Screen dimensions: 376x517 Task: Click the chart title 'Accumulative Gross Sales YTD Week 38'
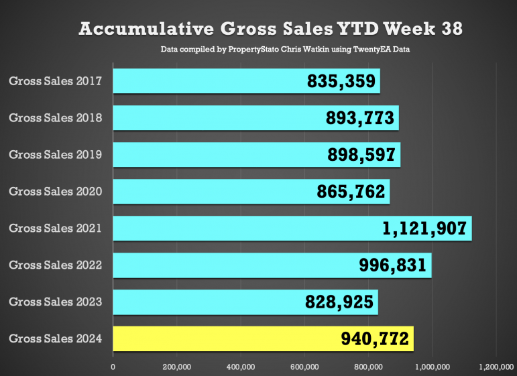[270, 29]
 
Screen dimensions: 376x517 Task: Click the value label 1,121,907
[424, 229]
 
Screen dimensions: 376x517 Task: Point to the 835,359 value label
[341, 82]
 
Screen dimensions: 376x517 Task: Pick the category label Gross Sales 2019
[55, 155]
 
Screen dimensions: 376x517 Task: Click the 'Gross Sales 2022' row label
[55, 265]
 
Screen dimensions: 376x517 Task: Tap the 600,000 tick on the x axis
[304, 367]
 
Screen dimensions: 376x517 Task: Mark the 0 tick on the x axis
[113, 367]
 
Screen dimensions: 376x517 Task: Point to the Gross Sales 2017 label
[55, 81]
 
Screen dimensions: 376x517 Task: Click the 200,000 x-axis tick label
[177, 367]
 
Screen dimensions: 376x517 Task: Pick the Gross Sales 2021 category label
[55, 229]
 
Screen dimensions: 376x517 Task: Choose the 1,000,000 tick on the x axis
[432, 367]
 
